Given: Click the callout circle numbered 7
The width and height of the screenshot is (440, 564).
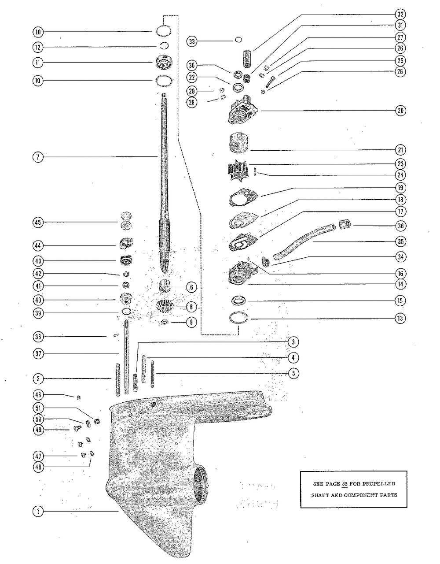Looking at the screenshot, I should [38, 156].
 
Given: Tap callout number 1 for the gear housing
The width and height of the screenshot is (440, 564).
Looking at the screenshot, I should [38, 511].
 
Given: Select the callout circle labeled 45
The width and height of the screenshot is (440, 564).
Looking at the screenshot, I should [38, 223].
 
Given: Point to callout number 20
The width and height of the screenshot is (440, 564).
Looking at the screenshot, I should [400, 111].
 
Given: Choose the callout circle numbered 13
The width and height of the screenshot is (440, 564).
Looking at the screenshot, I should [400, 318].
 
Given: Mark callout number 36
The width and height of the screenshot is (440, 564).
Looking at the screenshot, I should [400, 226].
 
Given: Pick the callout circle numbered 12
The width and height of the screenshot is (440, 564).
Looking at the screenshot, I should [38, 47].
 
